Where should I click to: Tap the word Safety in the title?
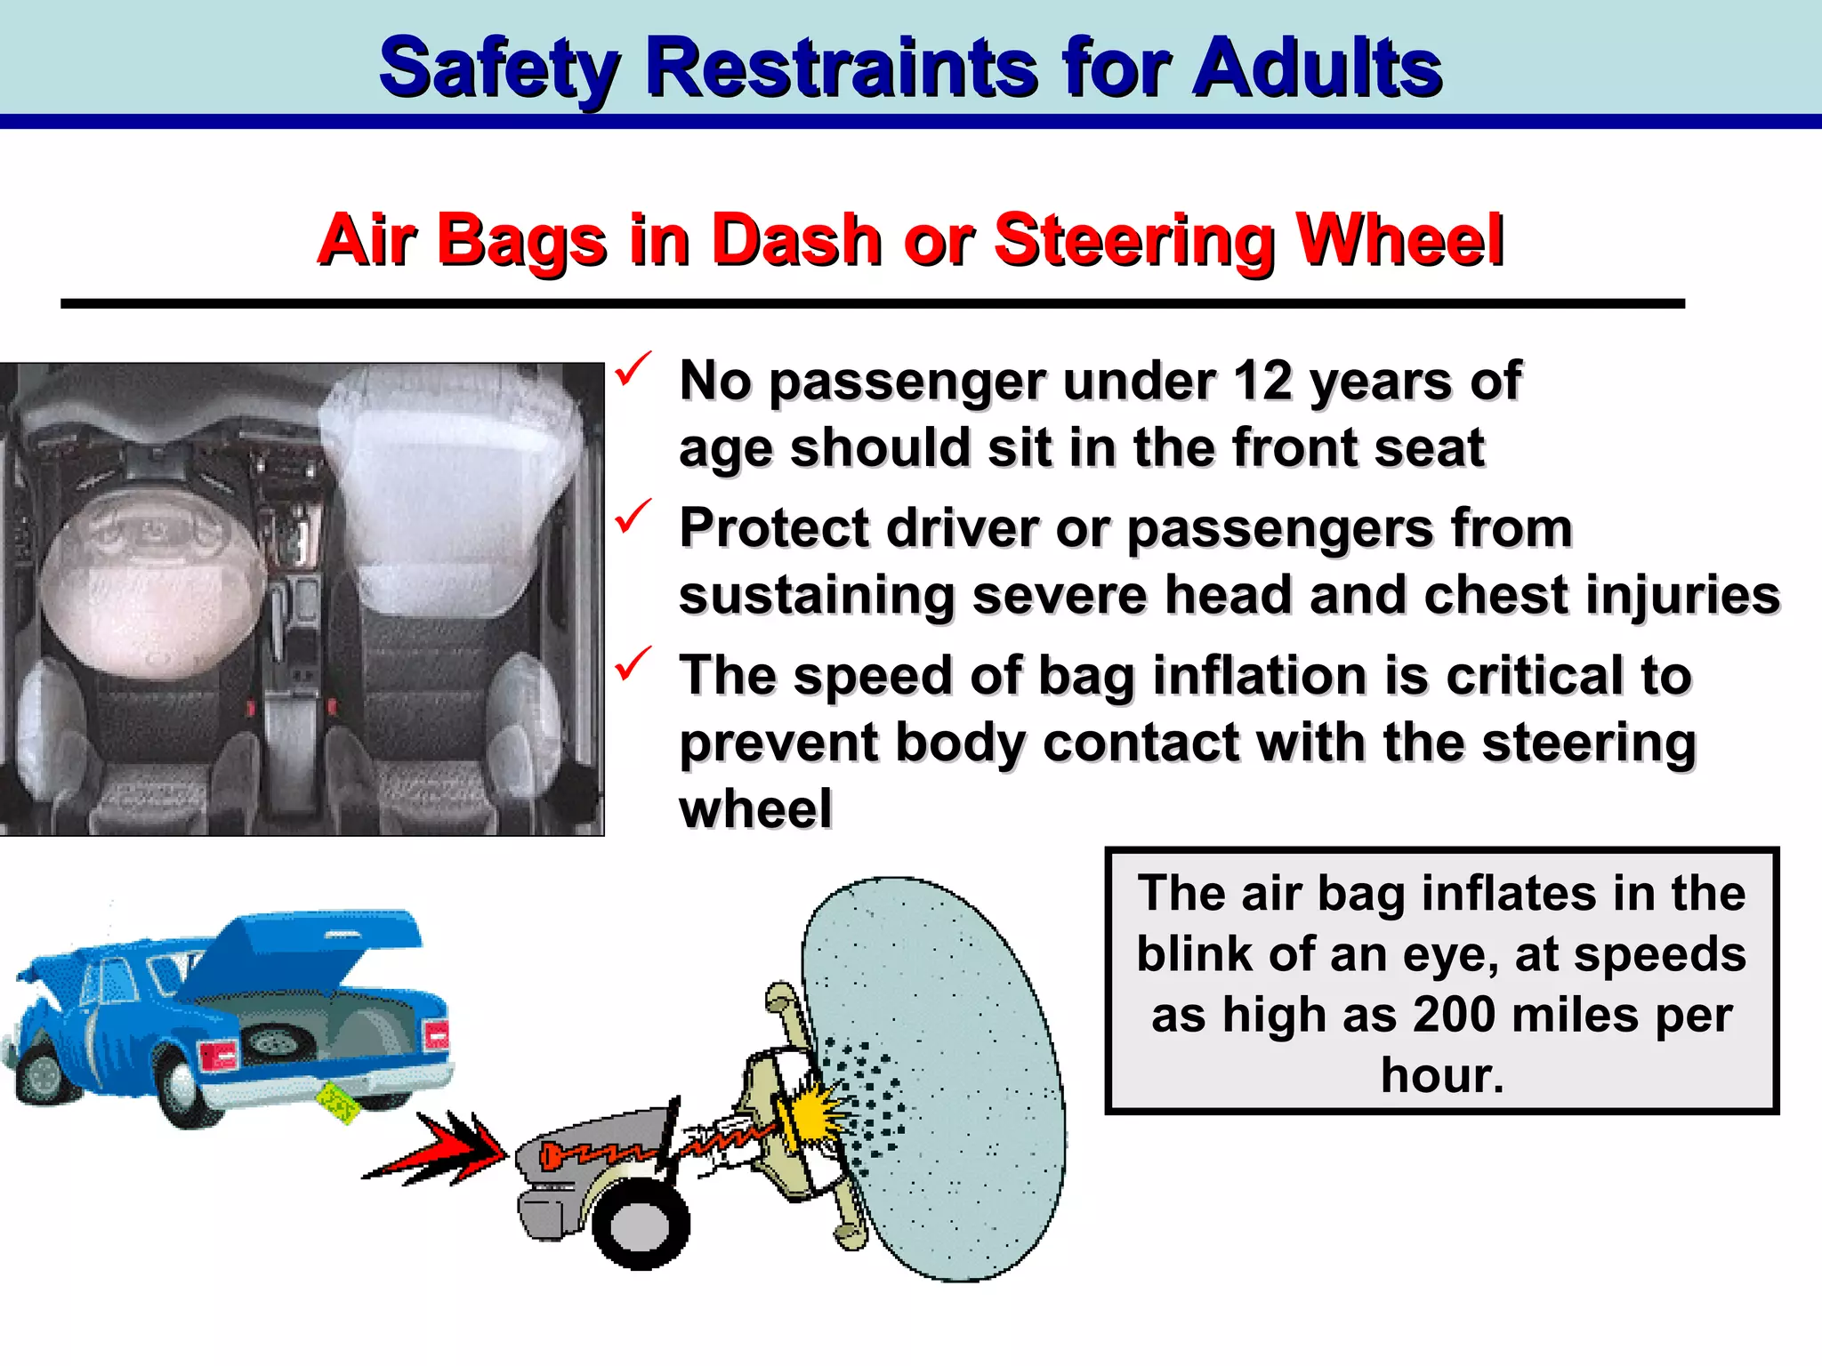click(x=498, y=69)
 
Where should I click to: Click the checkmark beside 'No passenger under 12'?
click(x=633, y=368)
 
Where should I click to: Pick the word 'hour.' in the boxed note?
click(x=1442, y=1075)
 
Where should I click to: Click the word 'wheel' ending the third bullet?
click(x=755, y=808)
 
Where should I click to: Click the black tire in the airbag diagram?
click(x=641, y=1223)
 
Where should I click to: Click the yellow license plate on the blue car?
click(x=338, y=1104)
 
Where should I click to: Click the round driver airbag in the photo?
click(x=142, y=587)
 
